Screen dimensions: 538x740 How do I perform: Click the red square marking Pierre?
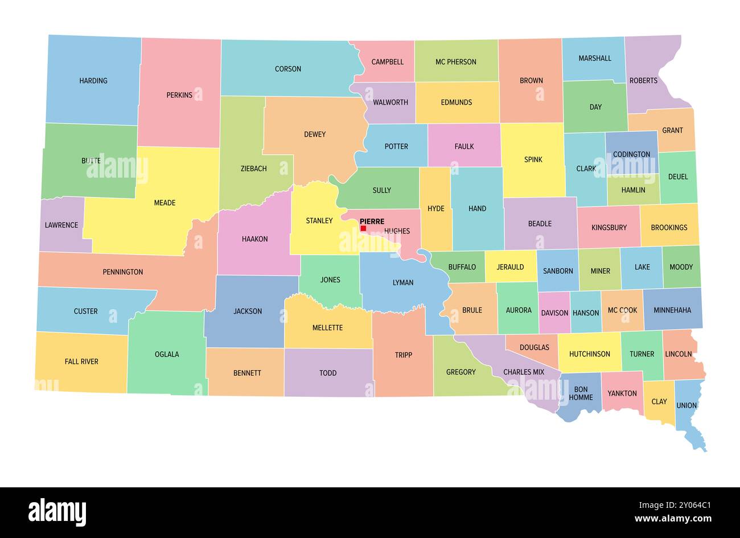pos(363,228)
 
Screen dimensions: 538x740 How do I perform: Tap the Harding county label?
pos(93,81)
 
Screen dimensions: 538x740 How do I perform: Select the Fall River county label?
pos(81,362)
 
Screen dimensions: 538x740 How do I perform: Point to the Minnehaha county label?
pos(672,310)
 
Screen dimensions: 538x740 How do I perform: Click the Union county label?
pos(686,405)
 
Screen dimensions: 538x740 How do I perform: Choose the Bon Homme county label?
pos(581,393)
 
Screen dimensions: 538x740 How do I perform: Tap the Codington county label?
pos(631,154)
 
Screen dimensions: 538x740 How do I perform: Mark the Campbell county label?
pos(388,62)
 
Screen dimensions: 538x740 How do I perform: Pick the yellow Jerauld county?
pos(510,267)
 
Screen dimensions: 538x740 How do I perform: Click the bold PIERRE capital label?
pos(372,221)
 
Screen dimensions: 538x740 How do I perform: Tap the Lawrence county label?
pos(61,225)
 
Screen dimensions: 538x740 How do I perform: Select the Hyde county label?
pos(435,208)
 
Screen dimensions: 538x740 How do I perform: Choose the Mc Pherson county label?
pos(455,62)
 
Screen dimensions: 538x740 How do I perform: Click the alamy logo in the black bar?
pos(57,512)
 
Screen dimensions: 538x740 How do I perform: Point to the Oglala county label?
pos(167,354)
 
